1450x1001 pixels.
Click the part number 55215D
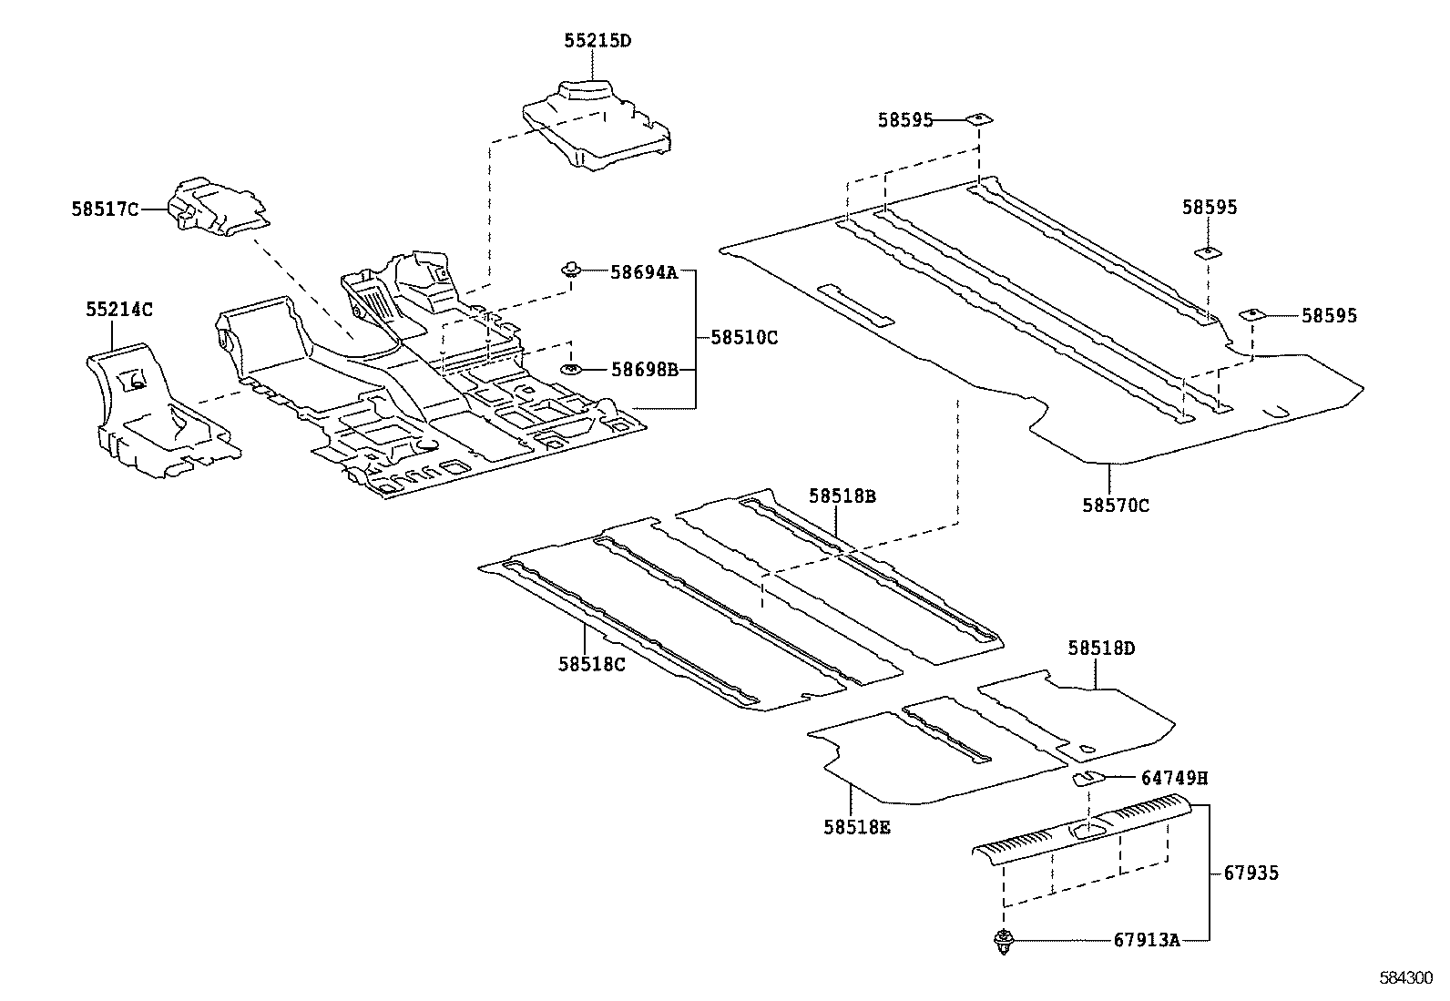pos(597,41)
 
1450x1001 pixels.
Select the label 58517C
pos(105,209)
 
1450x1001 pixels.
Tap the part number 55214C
pos(119,310)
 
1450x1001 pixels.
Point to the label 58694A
pos(644,271)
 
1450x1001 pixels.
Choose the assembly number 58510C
pos(744,337)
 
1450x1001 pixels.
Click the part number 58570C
pos(1116,506)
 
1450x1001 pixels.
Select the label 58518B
pos(842,496)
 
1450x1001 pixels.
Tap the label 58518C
pos(592,664)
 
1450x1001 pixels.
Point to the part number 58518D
pos(1102,649)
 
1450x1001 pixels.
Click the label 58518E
pos(857,827)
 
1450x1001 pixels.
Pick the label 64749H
pos(1174,778)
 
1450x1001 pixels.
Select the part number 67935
pos(1251,873)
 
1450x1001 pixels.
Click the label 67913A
pos(1146,941)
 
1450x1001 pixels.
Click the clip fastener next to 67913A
pos(1004,942)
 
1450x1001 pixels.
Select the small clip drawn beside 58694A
pos(571,269)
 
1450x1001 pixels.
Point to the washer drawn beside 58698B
pos(571,369)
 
